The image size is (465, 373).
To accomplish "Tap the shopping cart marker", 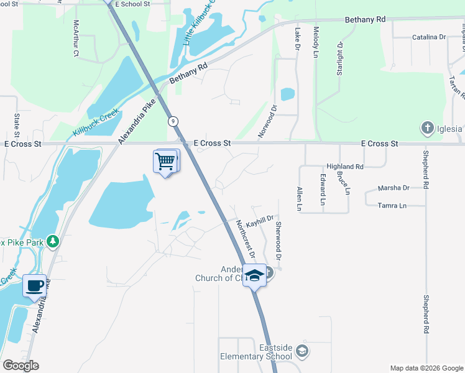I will tap(165, 162).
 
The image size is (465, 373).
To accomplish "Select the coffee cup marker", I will tap(35, 286).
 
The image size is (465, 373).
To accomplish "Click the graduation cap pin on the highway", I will tap(254, 275).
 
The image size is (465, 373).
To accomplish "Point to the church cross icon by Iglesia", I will tap(427, 129).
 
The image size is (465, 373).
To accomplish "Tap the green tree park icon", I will tap(53, 240).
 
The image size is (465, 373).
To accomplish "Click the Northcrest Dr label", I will tap(245, 239).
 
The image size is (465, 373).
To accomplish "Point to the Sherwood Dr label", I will tap(279, 241).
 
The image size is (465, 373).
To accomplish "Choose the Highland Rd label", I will tap(345, 167).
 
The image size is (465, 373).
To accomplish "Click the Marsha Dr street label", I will tap(394, 188).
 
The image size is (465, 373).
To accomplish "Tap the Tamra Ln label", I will tap(394, 205).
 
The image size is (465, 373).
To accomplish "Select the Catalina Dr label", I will tap(429, 37).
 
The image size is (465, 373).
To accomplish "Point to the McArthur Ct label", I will tap(76, 39).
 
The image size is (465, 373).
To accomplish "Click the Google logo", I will tap(21, 366).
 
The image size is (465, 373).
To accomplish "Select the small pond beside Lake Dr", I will tap(287, 94).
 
